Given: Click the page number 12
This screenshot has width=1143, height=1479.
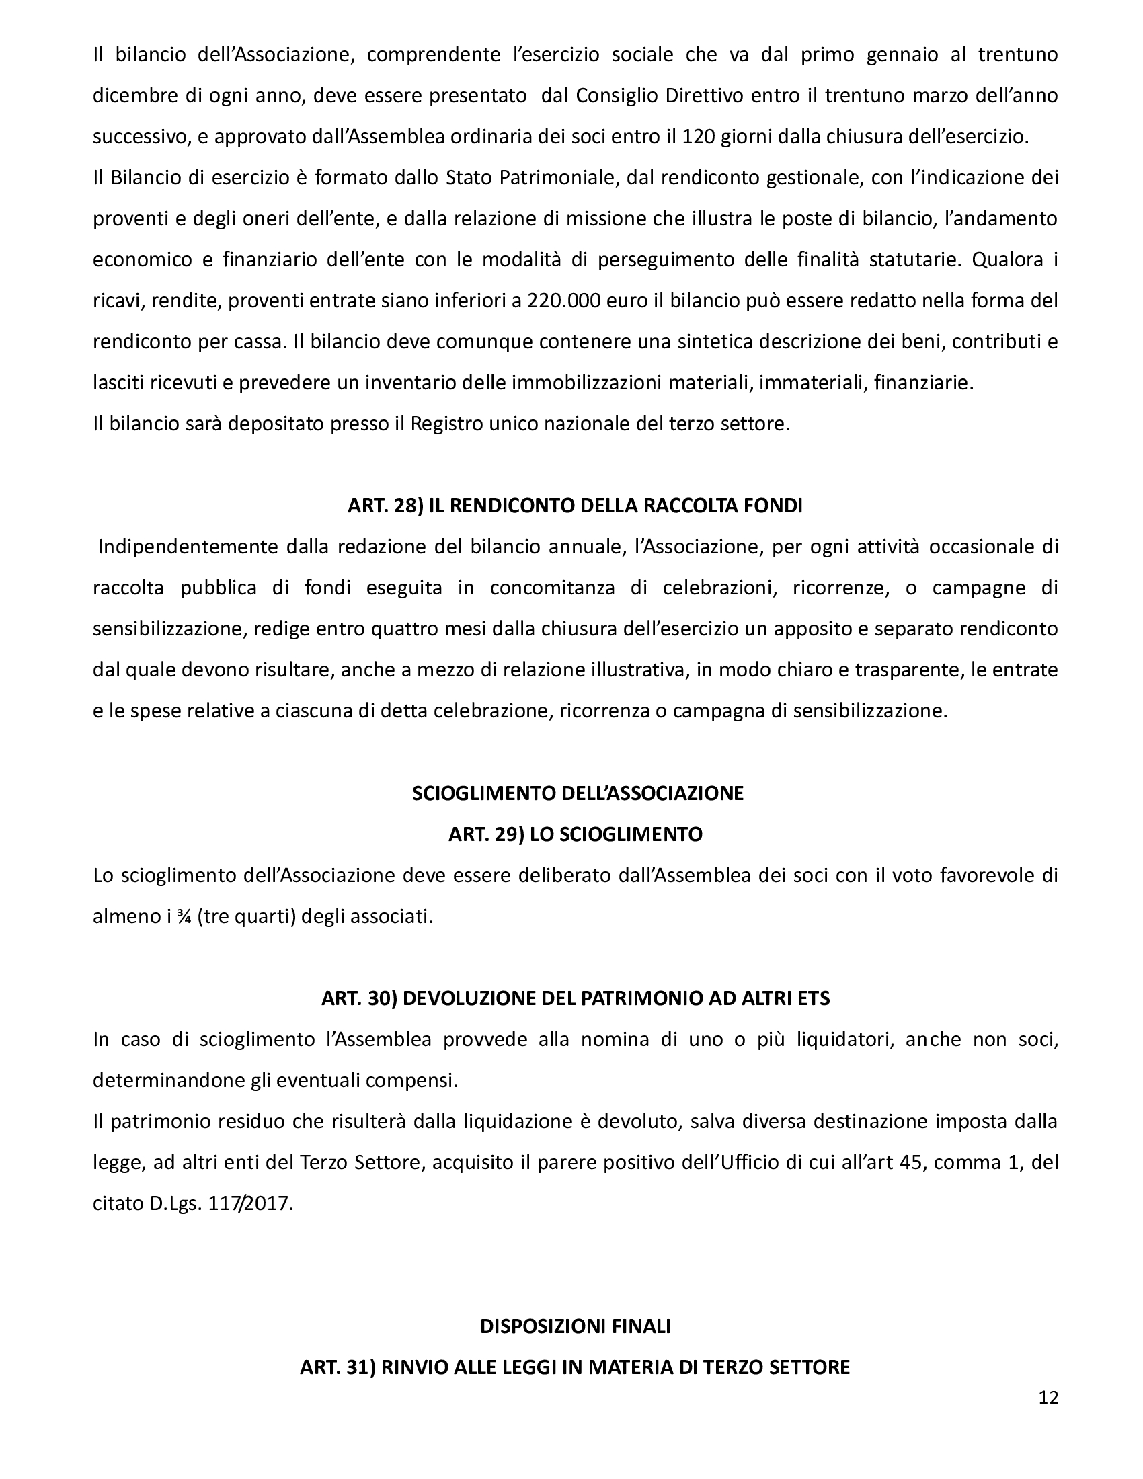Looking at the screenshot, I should [x=1048, y=1398].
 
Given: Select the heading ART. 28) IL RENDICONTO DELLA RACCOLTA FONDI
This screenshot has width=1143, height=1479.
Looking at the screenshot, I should [x=575, y=506].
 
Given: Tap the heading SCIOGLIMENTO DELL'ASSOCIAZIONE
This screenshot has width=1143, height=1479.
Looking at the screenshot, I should [x=578, y=793].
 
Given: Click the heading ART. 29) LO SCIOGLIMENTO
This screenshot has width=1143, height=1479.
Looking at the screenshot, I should [x=575, y=834].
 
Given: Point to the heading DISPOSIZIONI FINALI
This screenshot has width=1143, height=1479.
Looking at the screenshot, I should [x=575, y=1326].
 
